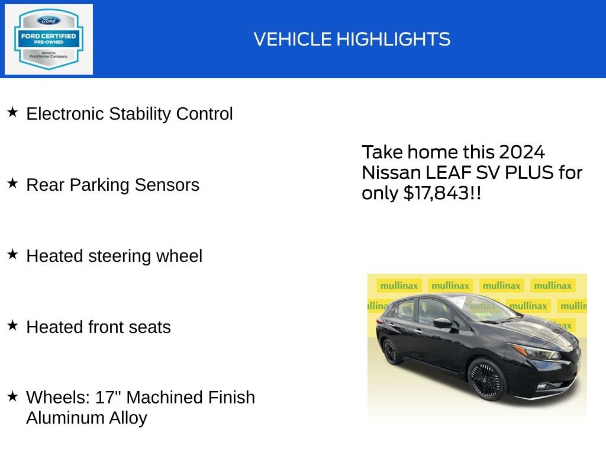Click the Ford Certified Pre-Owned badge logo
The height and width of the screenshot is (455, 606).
coord(49,39)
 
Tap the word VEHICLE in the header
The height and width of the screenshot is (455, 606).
coord(292,40)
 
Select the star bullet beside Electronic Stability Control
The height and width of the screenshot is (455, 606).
coord(13,112)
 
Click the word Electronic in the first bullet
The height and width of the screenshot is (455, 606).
coord(65,114)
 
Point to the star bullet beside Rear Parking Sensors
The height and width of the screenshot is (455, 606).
coord(13,183)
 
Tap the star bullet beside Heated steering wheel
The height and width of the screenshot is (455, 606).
coord(13,254)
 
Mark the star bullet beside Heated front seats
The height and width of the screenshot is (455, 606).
coord(13,325)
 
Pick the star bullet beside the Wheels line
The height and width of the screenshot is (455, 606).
coord(13,396)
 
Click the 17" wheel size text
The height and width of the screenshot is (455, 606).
coord(108,397)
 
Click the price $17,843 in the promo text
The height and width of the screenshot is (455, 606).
coord(437,193)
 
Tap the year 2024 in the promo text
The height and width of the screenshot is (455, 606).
coord(521,152)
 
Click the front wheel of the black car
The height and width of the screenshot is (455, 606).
coord(487,379)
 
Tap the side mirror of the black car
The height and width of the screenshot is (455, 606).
coord(442,323)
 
